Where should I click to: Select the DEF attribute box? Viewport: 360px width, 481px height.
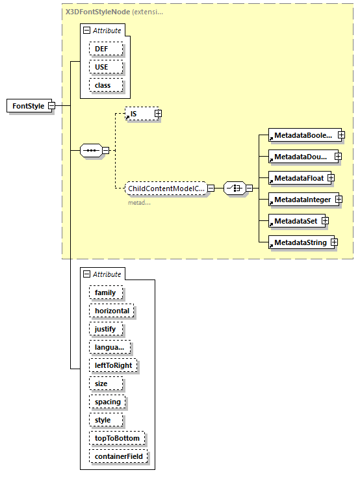pyautogui.click(x=103, y=49)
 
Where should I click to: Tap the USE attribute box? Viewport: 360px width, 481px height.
pyautogui.click(x=103, y=67)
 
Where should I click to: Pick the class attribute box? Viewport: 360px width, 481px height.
pyautogui.click(x=103, y=85)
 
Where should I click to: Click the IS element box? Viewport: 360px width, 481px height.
pyautogui.click(x=138, y=114)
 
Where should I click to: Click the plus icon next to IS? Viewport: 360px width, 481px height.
pyautogui.click(x=158, y=114)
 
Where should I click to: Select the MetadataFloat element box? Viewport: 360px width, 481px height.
pyautogui.click(x=298, y=177)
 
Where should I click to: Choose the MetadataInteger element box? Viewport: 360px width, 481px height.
pyautogui.click(x=302, y=199)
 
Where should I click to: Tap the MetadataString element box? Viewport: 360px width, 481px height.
pyautogui.click(x=300, y=242)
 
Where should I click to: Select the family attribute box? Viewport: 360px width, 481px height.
pyautogui.click(x=105, y=292)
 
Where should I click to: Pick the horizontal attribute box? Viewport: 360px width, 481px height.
pyautogui.click(x=112, y=311)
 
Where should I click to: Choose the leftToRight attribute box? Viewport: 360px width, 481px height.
pyautogui.click(x=113, y=365)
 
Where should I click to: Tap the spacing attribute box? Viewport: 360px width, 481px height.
pyautogui.click(x=107, y=402)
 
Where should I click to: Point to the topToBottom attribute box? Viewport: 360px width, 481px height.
pyautogui.click(x=116, y=438)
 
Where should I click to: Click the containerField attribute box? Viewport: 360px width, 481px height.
pyautogui.click(x=119, y=456)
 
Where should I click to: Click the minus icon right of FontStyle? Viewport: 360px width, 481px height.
pyautogui.click(x=51, y=106)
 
